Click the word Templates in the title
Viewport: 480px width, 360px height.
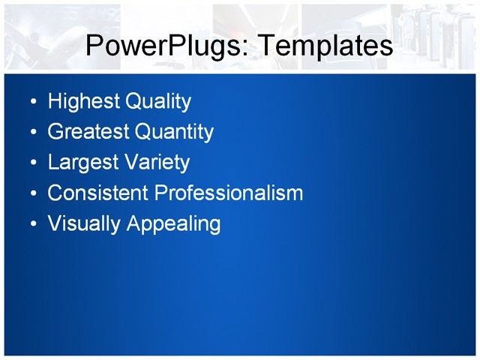(325, 46)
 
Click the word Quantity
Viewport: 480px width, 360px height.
(174, 132)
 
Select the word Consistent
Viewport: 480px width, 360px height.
(97, 193)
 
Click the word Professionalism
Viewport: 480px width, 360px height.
(229, 193)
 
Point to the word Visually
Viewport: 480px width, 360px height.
(84, 223)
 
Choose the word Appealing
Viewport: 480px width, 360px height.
(174, 223)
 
